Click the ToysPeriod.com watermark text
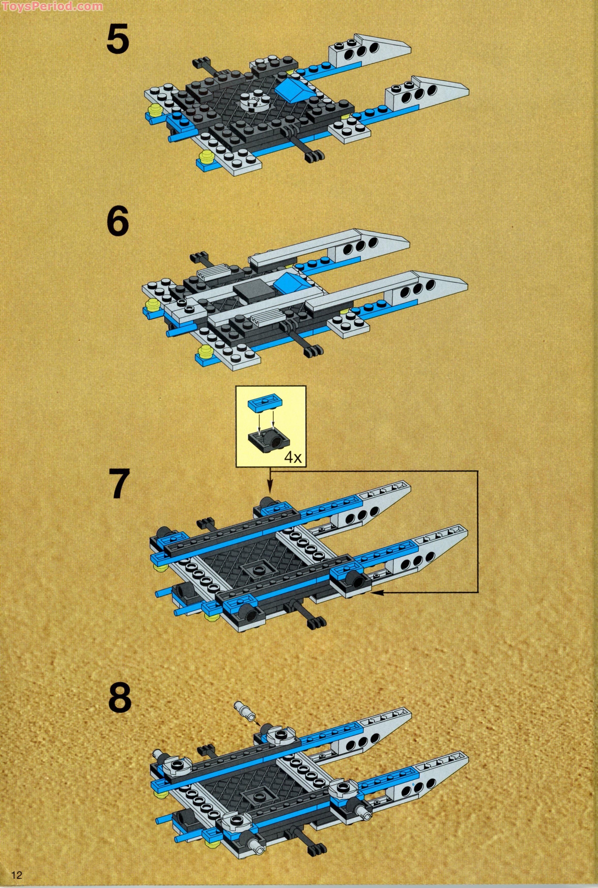pyautogui.click(x=52, y=6)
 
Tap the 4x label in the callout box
pyautogui.click(x=293, y=457)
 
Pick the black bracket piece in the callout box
pyautogui.click(x=269, y=440)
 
